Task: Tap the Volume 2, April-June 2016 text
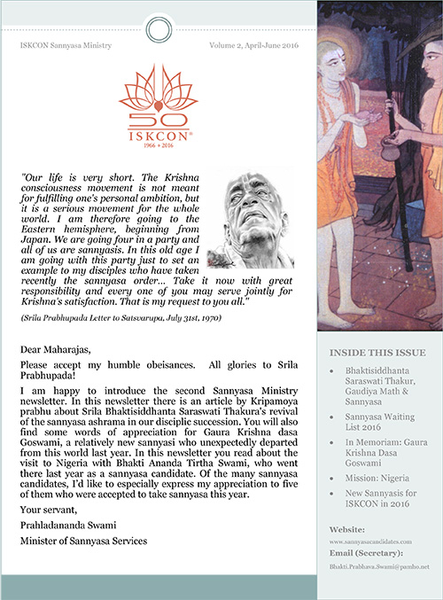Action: point(254,43)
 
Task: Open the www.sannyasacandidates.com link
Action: point(374,540)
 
